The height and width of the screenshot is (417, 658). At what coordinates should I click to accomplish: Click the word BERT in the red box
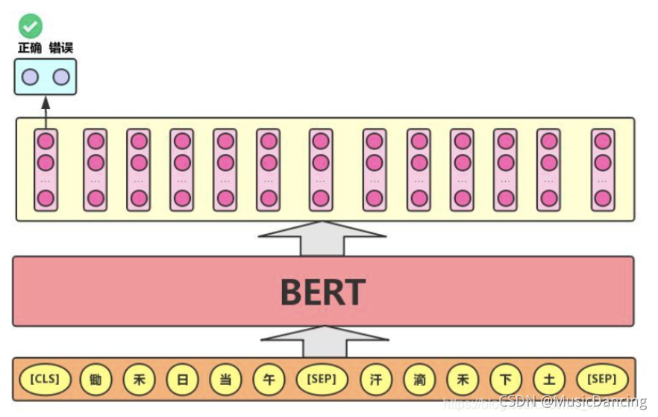pos(322,292)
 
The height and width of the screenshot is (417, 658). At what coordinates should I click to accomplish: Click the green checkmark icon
pos(31,26)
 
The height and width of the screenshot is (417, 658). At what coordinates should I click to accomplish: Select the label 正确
pos(30,49)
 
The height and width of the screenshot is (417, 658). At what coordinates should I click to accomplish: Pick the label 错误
pos(61,49)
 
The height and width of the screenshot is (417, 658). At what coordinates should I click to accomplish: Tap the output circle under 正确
pos(31,77)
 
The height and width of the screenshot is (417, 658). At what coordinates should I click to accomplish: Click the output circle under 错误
pos(61,77)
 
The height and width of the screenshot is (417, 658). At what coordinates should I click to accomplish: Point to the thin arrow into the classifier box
pos(46,111)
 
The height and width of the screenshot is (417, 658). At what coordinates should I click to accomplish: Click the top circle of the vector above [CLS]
pos(46,140)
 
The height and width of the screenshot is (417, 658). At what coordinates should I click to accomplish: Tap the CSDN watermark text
pos(572,401)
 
